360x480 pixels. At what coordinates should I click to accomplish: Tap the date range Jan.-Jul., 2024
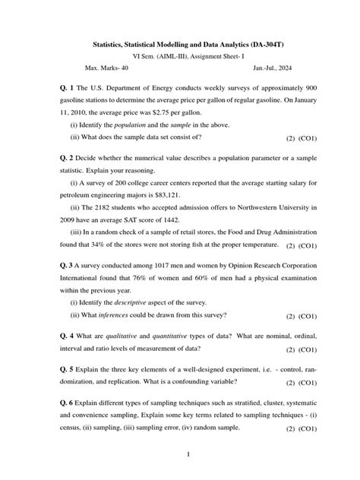255,69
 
